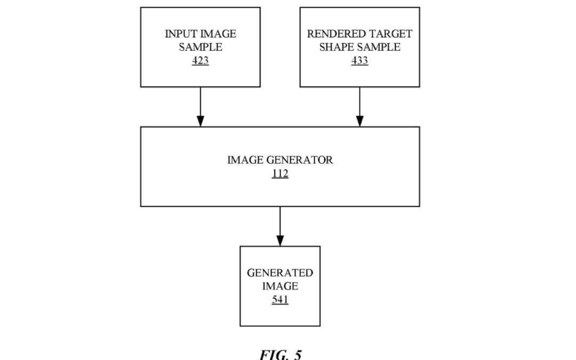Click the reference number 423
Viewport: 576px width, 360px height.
point(200,61)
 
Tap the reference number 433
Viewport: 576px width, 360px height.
point(359,61)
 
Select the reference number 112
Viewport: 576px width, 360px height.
point(280,173)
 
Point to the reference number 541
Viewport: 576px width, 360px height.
point(280,300)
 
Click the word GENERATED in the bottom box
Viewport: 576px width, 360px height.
point(280,273)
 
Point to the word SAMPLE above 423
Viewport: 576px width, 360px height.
point(200,47)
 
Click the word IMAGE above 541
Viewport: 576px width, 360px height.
point(280,286)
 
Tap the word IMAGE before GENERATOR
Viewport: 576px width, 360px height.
point(245,160)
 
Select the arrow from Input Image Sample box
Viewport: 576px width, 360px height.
point(200,107)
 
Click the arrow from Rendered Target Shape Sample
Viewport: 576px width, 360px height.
point(359,107)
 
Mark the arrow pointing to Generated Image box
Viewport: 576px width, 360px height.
point(280,225)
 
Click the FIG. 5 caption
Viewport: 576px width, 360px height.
point(280,354)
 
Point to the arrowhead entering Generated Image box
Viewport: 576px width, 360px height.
point(280,241)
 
